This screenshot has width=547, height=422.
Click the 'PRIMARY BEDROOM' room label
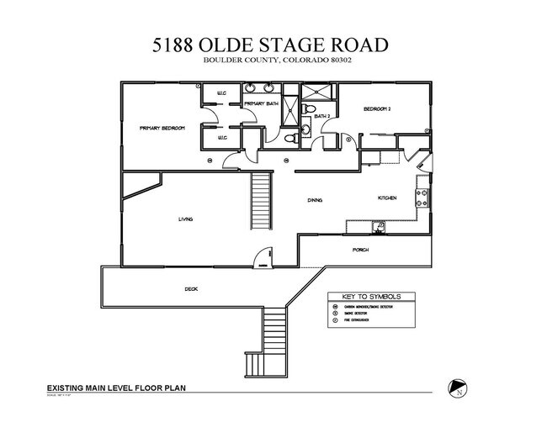(x=162, y=128)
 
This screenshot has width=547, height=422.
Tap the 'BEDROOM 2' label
(x=378, y=109)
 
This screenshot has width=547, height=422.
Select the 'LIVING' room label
(x=185, y=219)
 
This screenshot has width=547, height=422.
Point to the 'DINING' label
(x=315, y=200)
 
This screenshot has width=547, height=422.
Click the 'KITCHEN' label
(x=386, y=198)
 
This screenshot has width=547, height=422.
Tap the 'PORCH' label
(x=360, y=250)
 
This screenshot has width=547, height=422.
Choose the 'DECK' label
(x=191, y=288)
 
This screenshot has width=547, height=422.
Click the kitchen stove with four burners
(x=423, y=198)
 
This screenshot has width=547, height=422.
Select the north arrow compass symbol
(x=458, y=385)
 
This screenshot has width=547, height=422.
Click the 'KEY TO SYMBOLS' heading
(x=371, y=297)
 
